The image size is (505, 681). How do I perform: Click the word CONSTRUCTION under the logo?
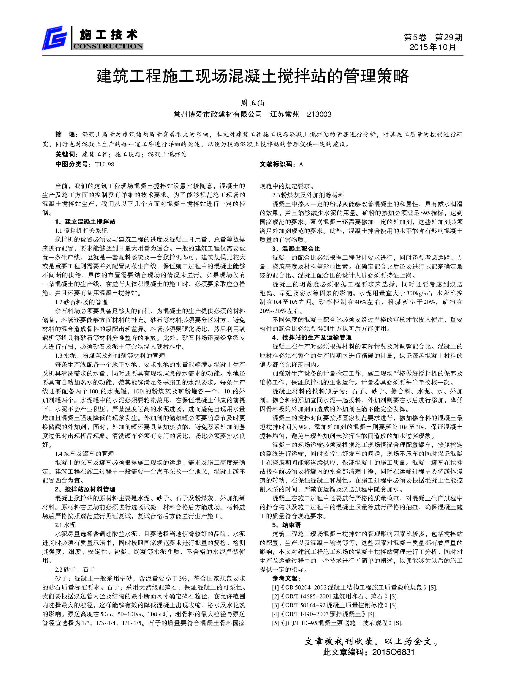coord(107,46)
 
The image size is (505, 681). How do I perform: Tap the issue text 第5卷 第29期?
coord(433,37)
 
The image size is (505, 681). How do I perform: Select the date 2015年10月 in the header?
coord(433,47)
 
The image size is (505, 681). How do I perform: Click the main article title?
coord(252,76)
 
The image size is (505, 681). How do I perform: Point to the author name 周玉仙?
coord(252,103)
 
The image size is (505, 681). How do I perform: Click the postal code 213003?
coord(319,114)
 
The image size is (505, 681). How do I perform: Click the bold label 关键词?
coord(65,154)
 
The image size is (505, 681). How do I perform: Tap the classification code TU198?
coord(104,164)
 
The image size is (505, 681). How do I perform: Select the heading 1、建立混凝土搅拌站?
coord(85,221)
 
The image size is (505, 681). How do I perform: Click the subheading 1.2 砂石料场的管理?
coord(81,302)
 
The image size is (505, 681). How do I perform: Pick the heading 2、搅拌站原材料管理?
coord(85,489)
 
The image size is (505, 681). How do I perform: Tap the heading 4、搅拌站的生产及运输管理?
coord(312,338)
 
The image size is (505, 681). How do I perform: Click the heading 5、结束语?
coord(286,525)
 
